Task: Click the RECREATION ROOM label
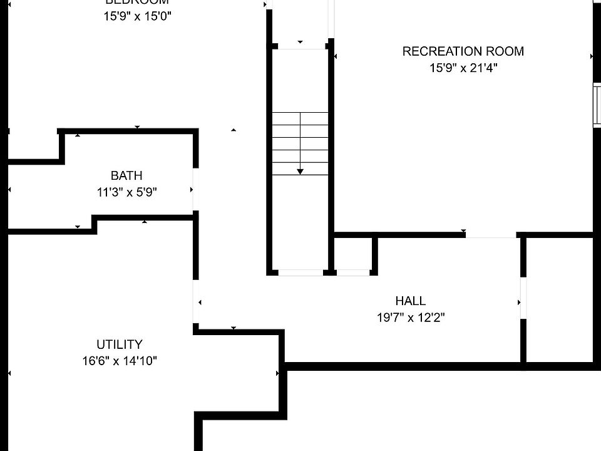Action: coord(463,51)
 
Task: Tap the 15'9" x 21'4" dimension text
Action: coord(463,68)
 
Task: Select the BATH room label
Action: coord(126,176)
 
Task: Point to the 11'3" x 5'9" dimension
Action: coord(126,193)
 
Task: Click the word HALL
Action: coord(410,301)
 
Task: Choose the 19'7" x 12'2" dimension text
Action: coord(410,318)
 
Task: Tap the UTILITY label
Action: coord(119,345)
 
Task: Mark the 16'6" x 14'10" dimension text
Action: coord(119,361)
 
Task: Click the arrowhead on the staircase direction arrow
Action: coord(300,171)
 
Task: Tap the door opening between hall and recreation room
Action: coord(490,235)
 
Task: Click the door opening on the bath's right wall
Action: coord(195,189)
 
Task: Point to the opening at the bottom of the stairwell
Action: coord(300,272)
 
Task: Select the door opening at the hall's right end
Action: coord(523,298)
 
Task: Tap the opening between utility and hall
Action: coord(195,301)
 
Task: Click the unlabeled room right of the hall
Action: coord(559,299)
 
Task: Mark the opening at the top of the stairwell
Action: coord(300,46)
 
